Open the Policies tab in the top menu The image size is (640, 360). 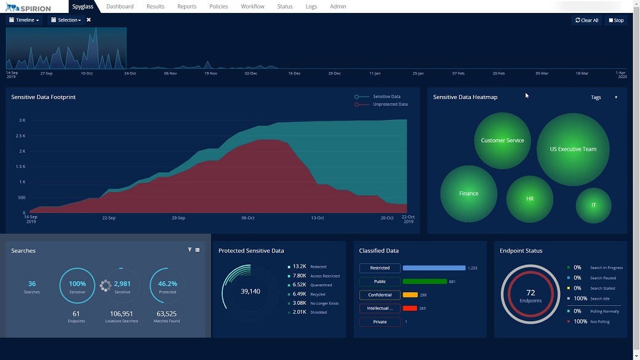218,7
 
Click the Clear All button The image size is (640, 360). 587,20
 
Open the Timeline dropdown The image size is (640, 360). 25,20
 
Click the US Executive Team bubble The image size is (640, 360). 573,150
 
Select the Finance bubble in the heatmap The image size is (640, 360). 468,194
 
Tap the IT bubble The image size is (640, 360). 593,206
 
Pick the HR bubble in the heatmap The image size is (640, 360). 530,199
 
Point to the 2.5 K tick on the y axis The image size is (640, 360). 20,136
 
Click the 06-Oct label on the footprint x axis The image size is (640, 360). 248,218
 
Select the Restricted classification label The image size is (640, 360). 380,268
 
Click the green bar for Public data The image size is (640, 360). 425,282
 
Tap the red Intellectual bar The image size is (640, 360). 410,308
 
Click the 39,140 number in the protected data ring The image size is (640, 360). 250,292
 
